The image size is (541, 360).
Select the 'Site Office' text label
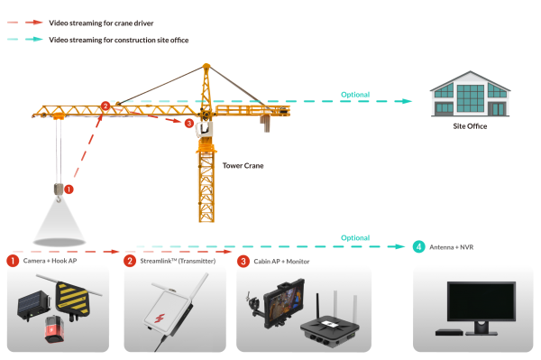[x=470, y=126]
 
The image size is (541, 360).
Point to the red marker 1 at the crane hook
[x=69, y=189]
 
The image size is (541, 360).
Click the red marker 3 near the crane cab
[x=188, y=123]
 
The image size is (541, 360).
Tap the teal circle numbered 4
[x=419, y=246]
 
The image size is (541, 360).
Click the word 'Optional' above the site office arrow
[x=354, y=94]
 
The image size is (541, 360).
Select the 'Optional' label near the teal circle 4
[x=354, y=237]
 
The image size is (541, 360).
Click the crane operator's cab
[x=205, y=129]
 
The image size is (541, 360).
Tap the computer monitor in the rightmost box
[x=481, y=304]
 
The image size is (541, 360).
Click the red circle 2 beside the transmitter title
[x=130, y=261]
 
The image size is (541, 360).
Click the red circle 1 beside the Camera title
[x=13, y=261]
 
